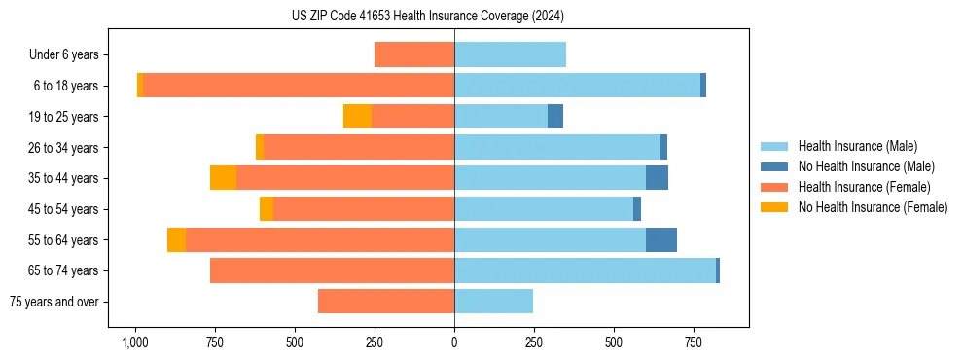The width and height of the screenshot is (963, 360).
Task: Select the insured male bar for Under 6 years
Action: click(510, 54)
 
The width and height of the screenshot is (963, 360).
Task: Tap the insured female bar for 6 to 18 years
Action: click(299, 86)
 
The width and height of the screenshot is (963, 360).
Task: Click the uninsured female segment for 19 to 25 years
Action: click(357, 117)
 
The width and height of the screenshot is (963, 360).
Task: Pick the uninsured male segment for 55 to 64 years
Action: click(661, 240)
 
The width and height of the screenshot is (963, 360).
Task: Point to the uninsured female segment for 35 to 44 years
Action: click(223, 178)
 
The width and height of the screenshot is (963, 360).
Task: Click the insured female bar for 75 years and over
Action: click(386, 302)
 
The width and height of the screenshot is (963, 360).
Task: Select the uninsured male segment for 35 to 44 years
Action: click(657, 178)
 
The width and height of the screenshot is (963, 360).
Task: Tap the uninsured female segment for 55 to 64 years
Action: click(176, 240)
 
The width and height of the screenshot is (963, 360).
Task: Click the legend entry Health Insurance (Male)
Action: click(857, 146)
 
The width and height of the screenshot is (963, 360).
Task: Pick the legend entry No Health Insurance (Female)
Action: click(873, 207)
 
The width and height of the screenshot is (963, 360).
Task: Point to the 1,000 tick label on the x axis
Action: click(135, 342)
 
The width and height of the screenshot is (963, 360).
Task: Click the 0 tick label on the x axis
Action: click(454, 342)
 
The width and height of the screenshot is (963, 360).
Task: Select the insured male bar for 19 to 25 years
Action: click(501, 117)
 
